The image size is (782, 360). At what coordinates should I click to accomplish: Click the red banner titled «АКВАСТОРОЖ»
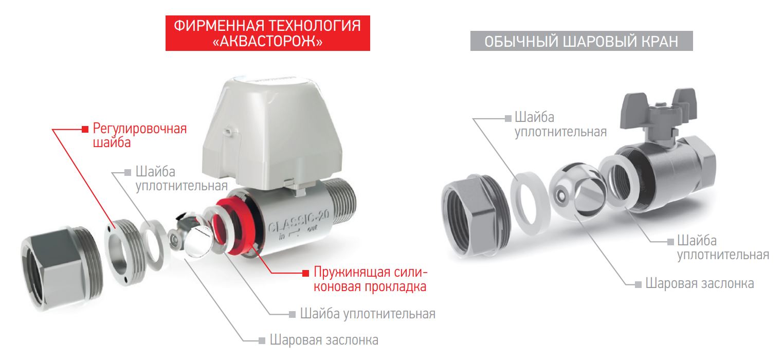pos(267,33)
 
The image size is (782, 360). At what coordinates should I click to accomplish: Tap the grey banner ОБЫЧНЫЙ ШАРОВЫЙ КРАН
pos(581,41)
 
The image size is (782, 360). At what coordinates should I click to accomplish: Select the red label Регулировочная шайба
pos(140,135)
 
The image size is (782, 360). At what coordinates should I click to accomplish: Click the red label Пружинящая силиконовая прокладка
pos(370,279)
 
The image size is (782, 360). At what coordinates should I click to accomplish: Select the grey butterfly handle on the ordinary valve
pos(658,108)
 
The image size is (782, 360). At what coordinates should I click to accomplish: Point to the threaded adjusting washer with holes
pos(124,252)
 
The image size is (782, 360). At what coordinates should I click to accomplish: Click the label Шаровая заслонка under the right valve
pos(699,283)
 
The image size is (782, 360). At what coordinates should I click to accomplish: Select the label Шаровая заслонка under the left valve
pos(324,340)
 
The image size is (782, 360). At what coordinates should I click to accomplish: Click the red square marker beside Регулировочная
pos(85,129)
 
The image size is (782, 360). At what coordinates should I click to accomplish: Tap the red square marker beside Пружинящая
pos(306,273)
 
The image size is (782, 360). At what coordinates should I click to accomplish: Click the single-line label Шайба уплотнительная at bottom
pos(368,314)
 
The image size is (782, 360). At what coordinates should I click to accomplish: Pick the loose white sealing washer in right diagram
pos(530,203)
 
